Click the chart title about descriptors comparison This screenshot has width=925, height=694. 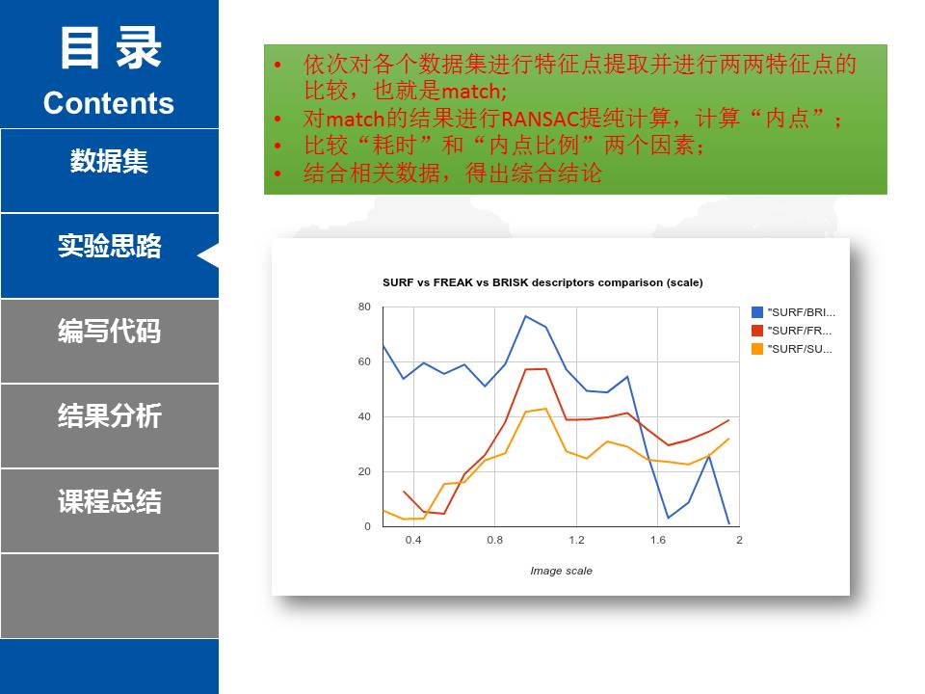(x=542, y=282)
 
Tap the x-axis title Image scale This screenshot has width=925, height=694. (x=561, y=571)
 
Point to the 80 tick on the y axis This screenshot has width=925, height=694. (x=364, y=307)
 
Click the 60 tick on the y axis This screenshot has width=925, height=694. (x=364, y=361)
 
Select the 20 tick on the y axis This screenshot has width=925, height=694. (x=364, y=471)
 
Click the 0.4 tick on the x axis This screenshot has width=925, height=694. (x=413, y=540)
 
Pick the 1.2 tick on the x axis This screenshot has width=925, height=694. (x=576, y=540)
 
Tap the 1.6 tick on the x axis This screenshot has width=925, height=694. (x=658, y=540)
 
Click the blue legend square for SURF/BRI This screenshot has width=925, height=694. (x=757, y=312)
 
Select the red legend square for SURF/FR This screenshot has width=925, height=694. (x=757, y=331)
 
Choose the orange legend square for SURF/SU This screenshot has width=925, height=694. (x=757, y=349)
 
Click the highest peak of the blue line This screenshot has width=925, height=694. (x=526, y=316)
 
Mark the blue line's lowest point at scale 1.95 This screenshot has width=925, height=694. (x=729, y=523)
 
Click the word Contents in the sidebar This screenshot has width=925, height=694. (x=109, y=103)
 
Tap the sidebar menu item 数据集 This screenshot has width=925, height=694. (x=109, y=161)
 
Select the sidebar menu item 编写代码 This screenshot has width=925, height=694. (x=109, y=331)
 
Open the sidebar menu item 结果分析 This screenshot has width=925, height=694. (x=109, y=416)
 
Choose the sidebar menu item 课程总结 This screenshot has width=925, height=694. (x=109, y=501)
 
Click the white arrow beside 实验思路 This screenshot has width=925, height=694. (x=208, y=255)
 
